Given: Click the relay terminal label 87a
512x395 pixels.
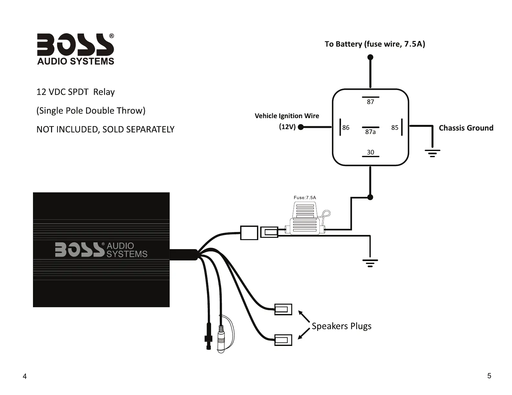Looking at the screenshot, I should pos(370,132).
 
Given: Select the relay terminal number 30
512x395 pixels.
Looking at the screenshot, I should pos(370,152).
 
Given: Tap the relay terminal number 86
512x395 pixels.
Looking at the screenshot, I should pos(346,127).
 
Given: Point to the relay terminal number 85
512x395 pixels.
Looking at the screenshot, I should pos(395,127).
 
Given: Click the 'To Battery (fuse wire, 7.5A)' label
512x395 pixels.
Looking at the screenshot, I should pos(375,44).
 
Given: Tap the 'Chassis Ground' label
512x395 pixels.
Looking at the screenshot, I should pos(466,128).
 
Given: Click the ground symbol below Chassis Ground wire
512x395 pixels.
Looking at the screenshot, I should pos(432,153).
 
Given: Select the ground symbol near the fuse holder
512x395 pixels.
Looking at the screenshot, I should pos(370,263).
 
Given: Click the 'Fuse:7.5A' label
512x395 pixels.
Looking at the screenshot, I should pos(305,197).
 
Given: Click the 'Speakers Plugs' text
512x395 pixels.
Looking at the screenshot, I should pos(341,326).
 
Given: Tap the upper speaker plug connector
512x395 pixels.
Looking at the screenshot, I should pos(283,309).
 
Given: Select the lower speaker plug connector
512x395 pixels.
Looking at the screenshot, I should pos(283,340).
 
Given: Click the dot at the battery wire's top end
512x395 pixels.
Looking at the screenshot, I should pos(370,57).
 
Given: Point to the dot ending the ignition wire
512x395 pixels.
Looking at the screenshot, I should pos(301,127).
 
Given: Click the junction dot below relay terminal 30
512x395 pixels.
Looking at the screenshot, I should pos(370,197).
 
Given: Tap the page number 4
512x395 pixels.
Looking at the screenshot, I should pos(25,376).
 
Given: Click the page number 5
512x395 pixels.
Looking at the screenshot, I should pos(489,376).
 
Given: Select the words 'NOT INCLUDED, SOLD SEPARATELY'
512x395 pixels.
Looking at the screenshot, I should pos(105,129).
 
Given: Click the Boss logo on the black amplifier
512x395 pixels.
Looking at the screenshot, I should pos(101,250).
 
